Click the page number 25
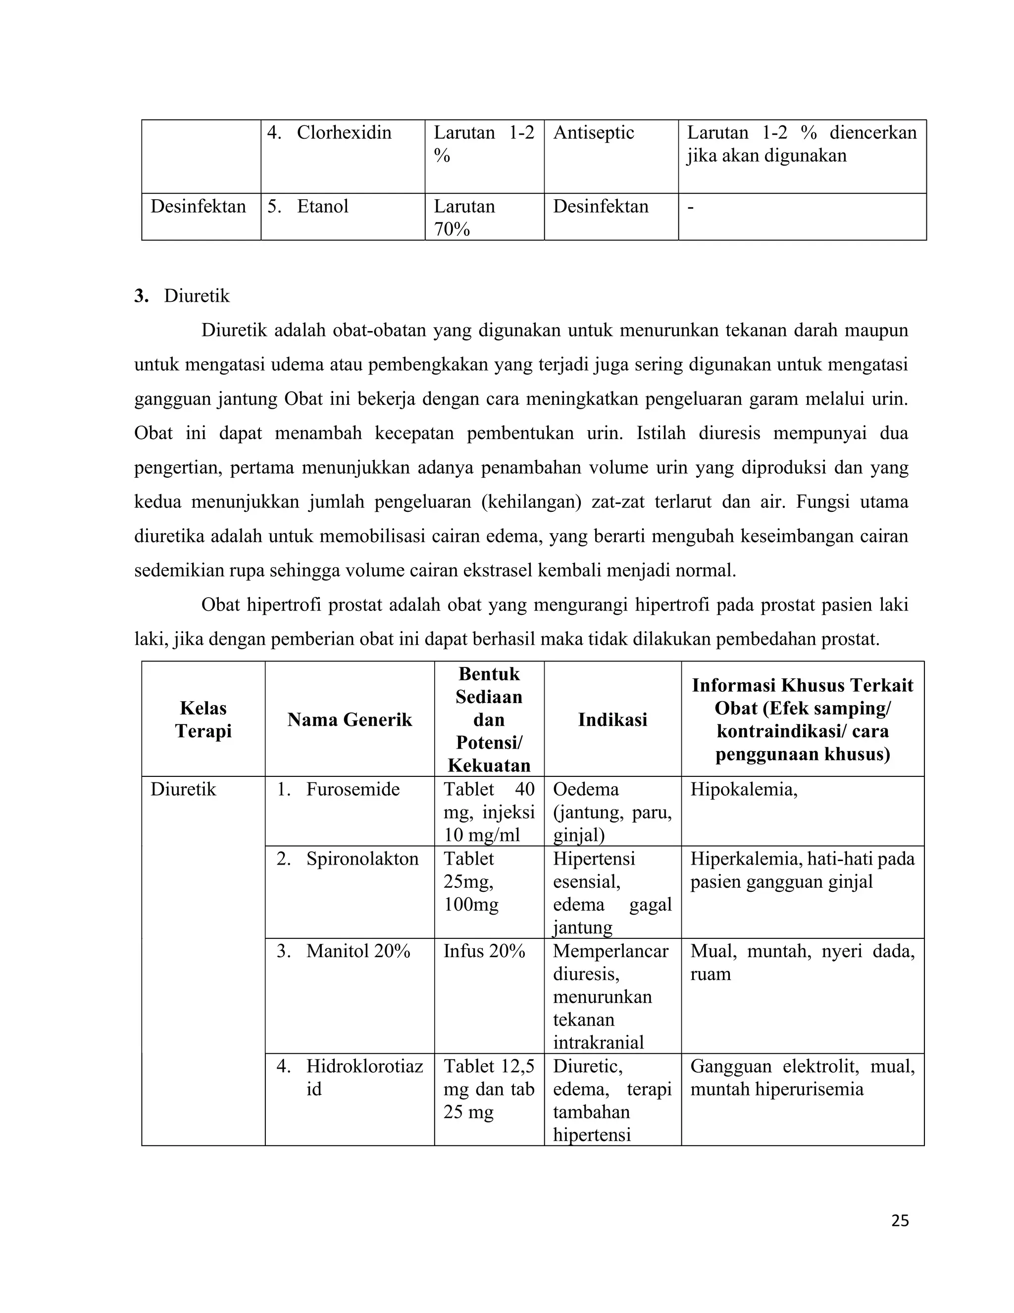900,1220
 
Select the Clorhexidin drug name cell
343,133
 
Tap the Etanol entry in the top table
323,206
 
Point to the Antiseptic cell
594,133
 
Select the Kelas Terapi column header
203,719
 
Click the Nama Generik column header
350,719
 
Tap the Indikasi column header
612,719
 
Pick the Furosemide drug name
353,789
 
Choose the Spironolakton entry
362,859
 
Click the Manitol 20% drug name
358,951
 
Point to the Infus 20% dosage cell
484,951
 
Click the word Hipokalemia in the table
743,789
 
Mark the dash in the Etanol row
691,206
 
